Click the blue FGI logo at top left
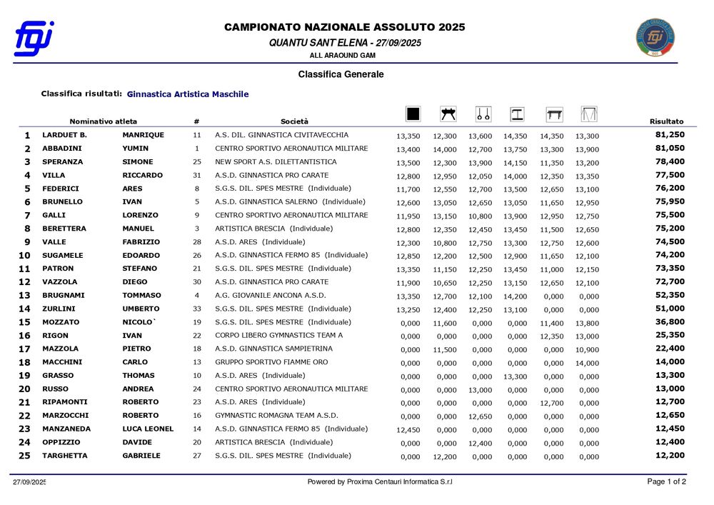(34, 39)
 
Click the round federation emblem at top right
(655, 39)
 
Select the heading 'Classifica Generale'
(341, 74)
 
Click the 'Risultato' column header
(666, 121)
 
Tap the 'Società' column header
(294, 121)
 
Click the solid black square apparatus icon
(413, 114)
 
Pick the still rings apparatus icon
(483, 114)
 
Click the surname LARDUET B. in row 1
(64, 135)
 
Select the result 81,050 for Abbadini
(670, 148)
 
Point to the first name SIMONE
(138, 161)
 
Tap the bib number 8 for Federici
(196, 189)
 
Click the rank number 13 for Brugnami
(24, 296)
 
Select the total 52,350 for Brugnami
(670, 295)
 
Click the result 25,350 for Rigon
(670, 335)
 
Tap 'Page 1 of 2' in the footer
(666, 481)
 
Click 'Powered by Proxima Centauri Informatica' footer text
(380, 482)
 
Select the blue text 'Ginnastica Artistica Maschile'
(188, 94)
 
